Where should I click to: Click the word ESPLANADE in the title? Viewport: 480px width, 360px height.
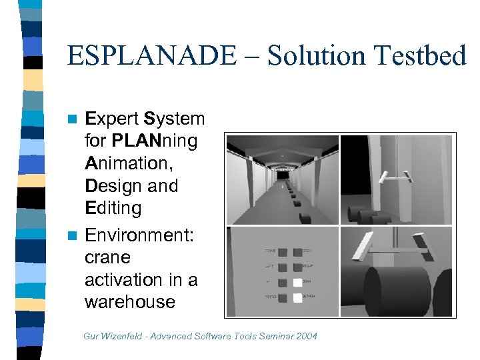[151, 55]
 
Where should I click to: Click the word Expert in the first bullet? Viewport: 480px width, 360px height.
[112, 119]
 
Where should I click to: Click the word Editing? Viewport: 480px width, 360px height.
[113, 209]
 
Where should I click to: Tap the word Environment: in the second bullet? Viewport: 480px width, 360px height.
[141, 235]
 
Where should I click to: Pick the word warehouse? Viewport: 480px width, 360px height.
[130, 302]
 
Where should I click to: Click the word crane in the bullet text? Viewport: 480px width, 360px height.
[107, 257]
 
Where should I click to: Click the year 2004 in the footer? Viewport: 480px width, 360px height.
[305, 336]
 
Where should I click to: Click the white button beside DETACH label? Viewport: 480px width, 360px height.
[297, 298]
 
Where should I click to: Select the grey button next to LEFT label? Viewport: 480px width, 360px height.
[282, 265]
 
